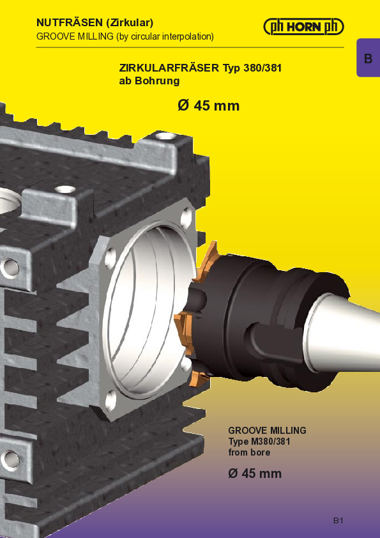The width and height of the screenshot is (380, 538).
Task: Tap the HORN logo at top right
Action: click(x=303, y=27)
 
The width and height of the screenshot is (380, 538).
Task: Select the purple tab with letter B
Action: click(x=369, y=58)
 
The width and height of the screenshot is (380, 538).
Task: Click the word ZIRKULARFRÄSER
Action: click(x=169, y=68)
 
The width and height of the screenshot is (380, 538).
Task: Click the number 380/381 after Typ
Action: click(x=262, y=68)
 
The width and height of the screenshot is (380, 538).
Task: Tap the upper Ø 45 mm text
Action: click(x=208, y=105)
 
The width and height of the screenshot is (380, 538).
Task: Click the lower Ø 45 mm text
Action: click(x=255, y=473)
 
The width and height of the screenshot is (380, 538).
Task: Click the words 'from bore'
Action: click(x=249, y=452)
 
